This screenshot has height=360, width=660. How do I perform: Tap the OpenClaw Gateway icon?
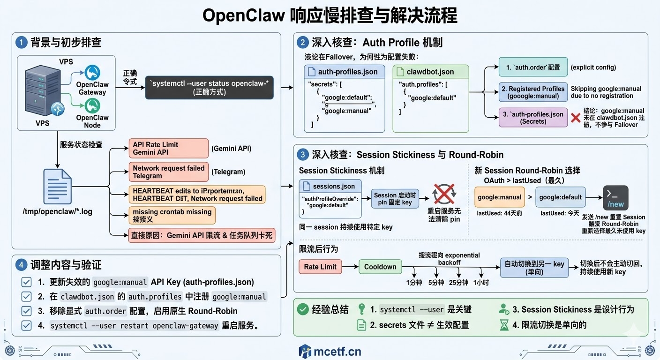coord(92,73)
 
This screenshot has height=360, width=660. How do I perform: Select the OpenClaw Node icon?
coord(92,106)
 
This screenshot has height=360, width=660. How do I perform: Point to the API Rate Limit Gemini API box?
coord(168,148)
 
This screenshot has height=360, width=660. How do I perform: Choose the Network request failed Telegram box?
coord(168,172)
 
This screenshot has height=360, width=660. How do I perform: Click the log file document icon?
coord(57,187)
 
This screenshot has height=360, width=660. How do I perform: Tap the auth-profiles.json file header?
coord(344,72)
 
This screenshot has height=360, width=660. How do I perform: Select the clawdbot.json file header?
coord(430,72)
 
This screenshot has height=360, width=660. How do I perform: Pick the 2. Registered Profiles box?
coord(533,92)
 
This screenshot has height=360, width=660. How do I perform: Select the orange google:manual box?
coord(499,197)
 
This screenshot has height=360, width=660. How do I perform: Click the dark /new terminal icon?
coord(615,198)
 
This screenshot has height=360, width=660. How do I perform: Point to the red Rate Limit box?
coord(320,267)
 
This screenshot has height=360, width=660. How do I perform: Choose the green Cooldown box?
coord(380,267)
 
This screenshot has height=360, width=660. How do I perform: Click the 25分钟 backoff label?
coord(458,283)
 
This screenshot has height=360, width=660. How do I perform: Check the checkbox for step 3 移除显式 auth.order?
coord(27,311)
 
